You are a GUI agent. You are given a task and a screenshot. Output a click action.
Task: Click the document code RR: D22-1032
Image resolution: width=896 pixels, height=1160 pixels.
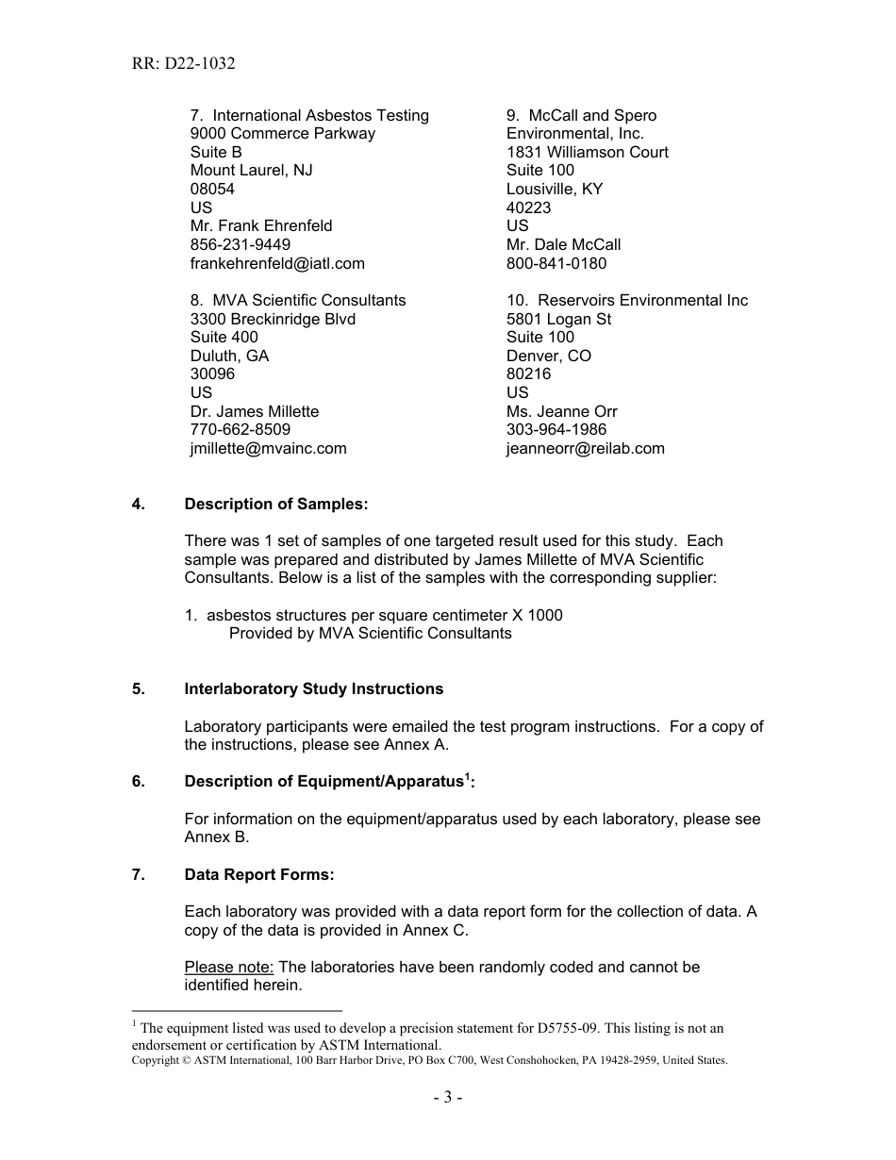[183, 64]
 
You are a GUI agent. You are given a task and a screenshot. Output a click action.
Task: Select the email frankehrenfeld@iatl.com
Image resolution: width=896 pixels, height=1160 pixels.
[277, 263]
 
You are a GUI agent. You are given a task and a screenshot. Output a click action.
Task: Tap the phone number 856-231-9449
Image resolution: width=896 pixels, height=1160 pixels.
[240, 244]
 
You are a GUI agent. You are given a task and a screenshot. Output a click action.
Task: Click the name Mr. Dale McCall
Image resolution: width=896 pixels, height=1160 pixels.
[563, 244]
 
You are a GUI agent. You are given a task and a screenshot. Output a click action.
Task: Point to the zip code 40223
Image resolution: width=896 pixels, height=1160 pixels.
[528, 207]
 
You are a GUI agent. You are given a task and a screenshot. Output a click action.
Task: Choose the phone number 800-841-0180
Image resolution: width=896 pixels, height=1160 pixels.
[556, 263]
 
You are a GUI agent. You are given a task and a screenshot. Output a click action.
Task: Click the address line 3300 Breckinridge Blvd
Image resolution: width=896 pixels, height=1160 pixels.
[273, 319]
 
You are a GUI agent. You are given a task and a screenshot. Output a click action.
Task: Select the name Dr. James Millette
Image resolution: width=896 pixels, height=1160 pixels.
[255, 411]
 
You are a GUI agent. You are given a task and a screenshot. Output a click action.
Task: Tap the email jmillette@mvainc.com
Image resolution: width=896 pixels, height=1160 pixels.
[268, 448]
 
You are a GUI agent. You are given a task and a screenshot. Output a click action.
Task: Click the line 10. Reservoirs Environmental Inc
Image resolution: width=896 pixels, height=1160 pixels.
[626, 300]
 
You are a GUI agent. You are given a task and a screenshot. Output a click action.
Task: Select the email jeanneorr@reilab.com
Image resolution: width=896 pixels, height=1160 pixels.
[585, 448]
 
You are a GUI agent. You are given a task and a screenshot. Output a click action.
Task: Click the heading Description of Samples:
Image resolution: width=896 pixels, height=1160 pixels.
[275, 504]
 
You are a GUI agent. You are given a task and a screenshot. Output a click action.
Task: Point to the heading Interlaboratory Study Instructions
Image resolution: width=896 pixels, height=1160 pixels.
[313, 688]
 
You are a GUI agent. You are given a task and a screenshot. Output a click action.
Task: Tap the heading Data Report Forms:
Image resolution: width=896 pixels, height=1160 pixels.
[259, 874]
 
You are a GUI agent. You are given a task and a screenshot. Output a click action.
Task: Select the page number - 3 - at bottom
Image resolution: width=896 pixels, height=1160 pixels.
[448, 1097]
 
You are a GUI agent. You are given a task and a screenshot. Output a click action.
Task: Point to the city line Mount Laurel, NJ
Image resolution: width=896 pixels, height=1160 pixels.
[251, 170]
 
